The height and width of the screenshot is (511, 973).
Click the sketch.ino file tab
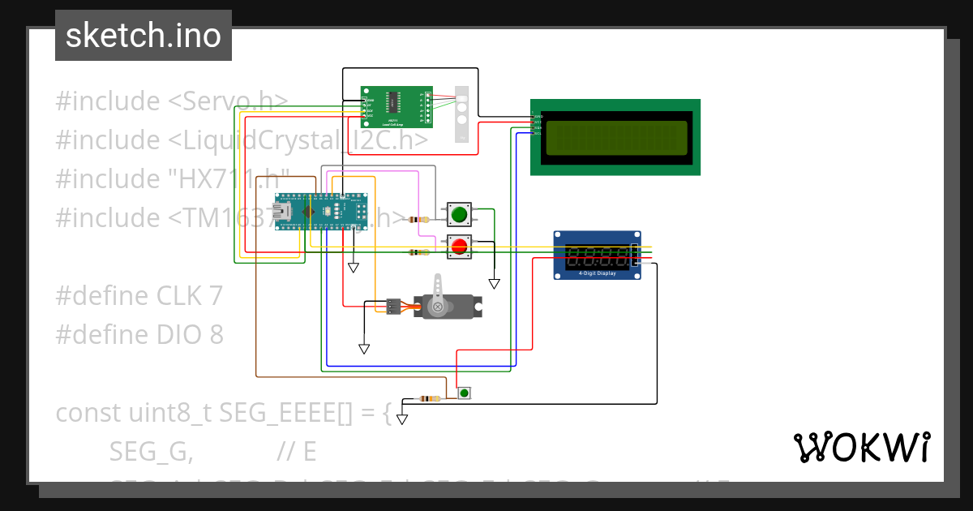(x=143, y=36)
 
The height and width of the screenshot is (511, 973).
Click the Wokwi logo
(x=861, y=447)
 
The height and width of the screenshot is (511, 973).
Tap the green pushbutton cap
(x=459, y=215)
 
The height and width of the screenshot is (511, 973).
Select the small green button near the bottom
(x=464, y=393)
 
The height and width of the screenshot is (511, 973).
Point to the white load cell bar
(x=462, y=114)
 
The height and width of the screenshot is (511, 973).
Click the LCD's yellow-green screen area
(x=615, y=137)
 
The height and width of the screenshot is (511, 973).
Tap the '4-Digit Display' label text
(x=597, y=273)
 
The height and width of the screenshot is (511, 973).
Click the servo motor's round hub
(x=439, y=307)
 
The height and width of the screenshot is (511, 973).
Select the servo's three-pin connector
(x=392, y=307)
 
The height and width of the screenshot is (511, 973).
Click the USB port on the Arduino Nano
(x=285, y=212)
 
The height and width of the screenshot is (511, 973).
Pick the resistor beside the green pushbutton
(x=419, y=220)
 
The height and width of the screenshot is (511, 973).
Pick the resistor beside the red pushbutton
(x=418, y=252)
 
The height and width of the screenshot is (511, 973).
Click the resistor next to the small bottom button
(x=427, y=398)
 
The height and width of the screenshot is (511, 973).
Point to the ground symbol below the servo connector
(x=364, y=349)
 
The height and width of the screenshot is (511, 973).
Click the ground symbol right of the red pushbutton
(x=494, y=284)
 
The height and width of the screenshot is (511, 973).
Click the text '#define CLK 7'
(x=139, y=296)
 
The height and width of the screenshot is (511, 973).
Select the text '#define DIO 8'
(x=139, y=335)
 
